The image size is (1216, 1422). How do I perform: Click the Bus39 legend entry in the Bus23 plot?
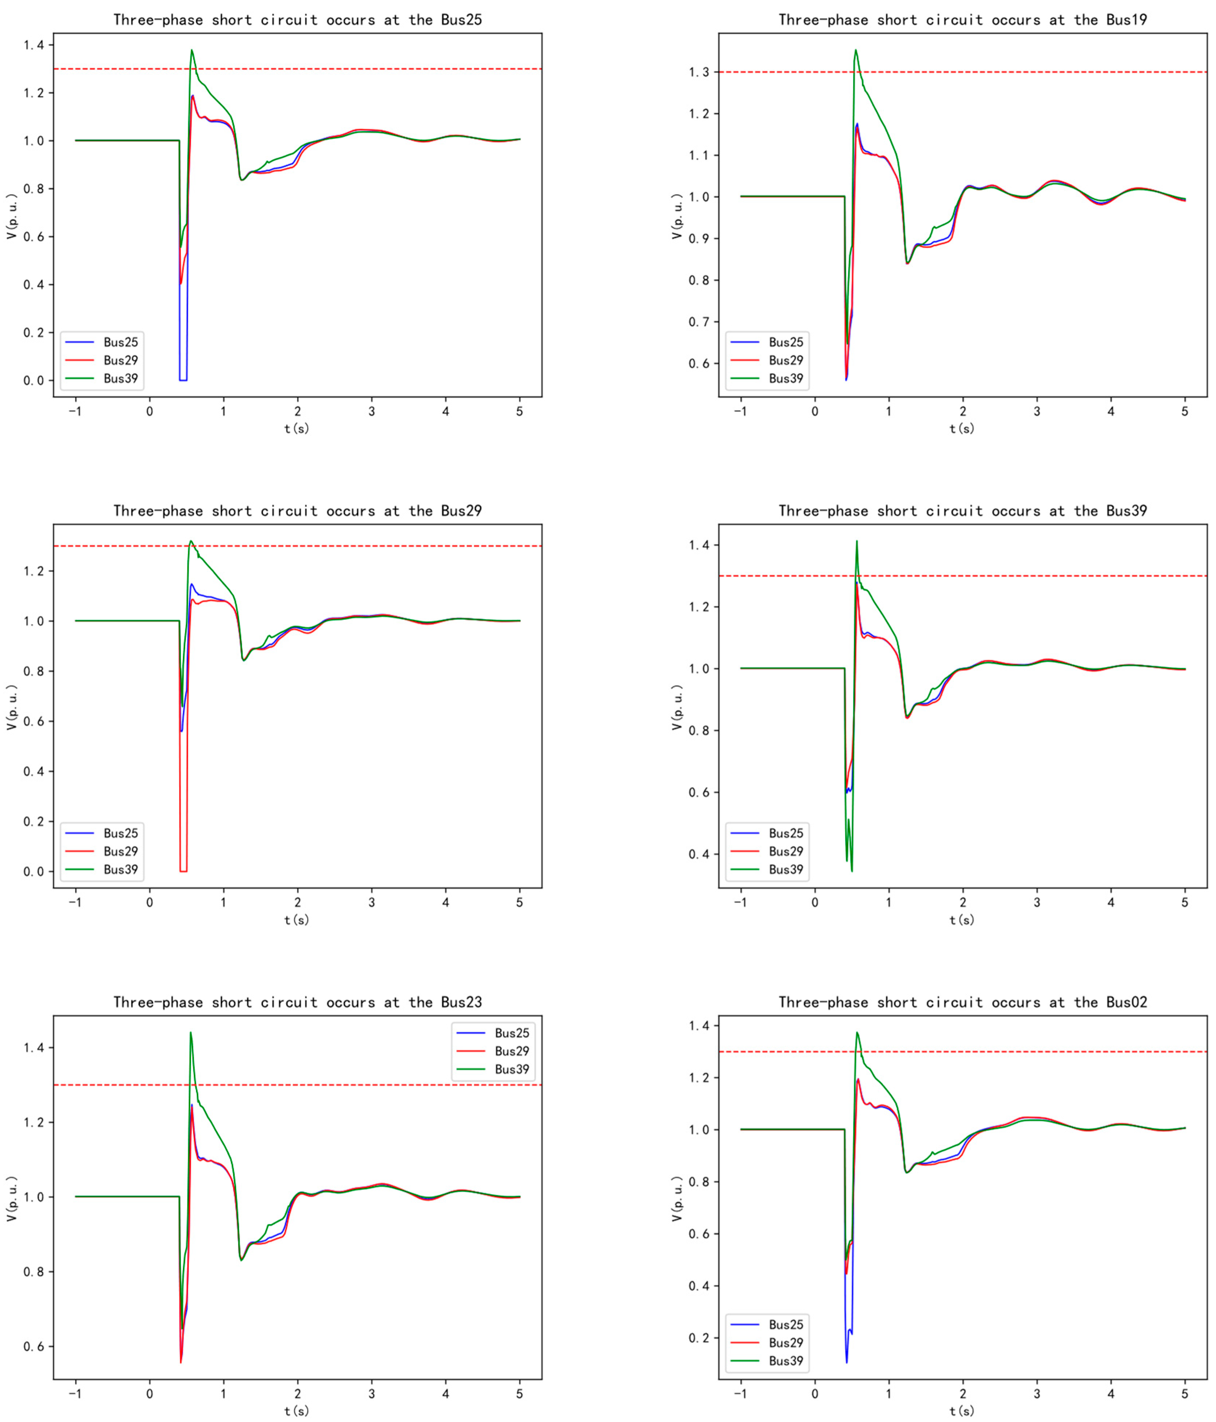pos(512,1069)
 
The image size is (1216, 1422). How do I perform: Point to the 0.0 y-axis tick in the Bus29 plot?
pos(33,872)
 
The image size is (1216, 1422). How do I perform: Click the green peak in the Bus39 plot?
pos(856,542)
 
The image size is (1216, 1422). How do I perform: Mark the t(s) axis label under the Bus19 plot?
pos(961,428)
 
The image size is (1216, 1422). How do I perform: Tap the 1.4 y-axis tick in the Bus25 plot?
pos(33,45)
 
